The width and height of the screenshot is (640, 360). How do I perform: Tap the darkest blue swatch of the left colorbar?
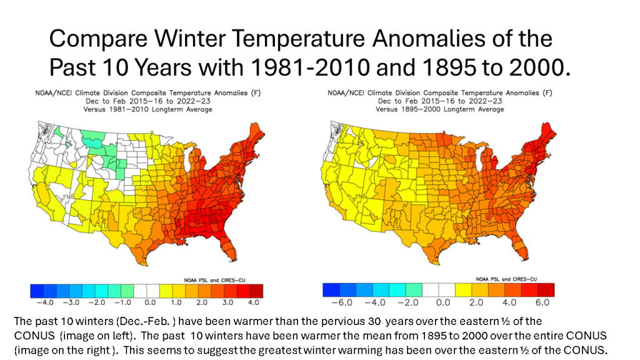[x=37, y=291]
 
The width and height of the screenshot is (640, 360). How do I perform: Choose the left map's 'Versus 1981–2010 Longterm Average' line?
[x=147, y=109]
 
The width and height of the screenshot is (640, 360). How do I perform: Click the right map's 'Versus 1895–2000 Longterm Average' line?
[x=439, y=109]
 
